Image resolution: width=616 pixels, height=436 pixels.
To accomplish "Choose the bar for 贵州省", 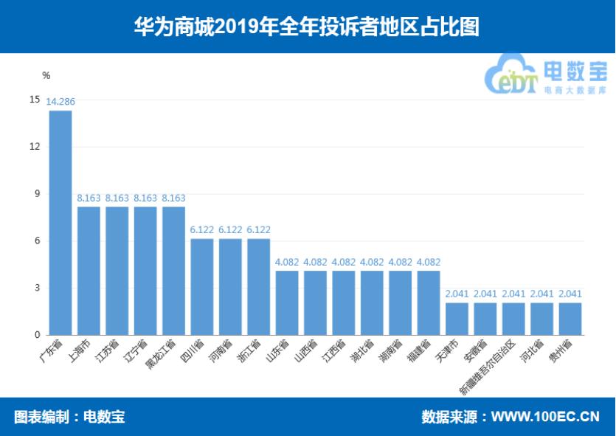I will pyautogui.click(x=570, y=319).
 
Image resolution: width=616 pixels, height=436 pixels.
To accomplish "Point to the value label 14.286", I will pyautogui.click(x=60, y=102).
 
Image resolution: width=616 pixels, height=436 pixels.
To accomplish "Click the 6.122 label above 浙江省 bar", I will pyautogui.click(x=258, y=230).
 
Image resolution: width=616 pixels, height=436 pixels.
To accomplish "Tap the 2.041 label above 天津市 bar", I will pyautogui.click(x=457, y=294).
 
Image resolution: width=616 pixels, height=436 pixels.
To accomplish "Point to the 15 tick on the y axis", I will pyautogui.click(x=35, y=99).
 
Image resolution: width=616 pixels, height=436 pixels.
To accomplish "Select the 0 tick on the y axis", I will pyautogui.click(x=35, y=335).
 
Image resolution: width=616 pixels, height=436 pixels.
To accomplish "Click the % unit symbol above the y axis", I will pyautogui.click(x=46, y=75).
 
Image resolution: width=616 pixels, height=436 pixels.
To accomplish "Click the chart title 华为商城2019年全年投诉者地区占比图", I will pyautogui.click(x=307, y=27).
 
